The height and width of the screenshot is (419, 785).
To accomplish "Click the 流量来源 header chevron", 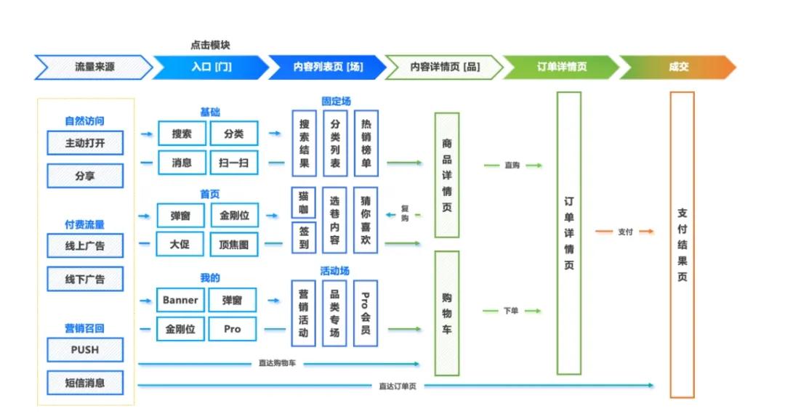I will pos(94,67).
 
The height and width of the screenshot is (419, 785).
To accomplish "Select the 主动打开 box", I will pos(85,143).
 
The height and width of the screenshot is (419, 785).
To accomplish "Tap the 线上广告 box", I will pos(85,245).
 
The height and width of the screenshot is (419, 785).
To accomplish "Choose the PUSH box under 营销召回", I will pos(85,349).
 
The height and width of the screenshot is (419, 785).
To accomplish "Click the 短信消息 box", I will pos(85,382).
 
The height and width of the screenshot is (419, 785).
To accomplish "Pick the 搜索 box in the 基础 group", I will pos(182,134).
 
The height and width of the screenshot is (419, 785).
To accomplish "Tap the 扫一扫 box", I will pos(233,163).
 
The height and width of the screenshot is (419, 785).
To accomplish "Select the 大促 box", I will pos(180,244).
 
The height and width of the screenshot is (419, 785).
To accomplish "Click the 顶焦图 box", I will pos(233,245).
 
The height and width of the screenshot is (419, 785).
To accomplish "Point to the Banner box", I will pos(180,300).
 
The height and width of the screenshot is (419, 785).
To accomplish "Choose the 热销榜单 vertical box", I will pos(366,144).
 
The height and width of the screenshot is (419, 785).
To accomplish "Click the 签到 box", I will pos(304,237).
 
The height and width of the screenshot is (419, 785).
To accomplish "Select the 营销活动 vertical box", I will pos(304,313).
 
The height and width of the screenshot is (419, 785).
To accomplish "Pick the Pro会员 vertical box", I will pos(366,313).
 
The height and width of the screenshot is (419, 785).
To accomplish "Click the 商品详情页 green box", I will pos(446,175).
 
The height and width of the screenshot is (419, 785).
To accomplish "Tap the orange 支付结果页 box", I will pos(682,245).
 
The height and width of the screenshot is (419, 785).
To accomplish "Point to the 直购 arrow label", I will pos(512,166).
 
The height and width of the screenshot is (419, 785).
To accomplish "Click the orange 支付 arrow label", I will pos(625,232).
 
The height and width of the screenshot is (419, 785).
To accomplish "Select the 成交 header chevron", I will pos(678,67).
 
